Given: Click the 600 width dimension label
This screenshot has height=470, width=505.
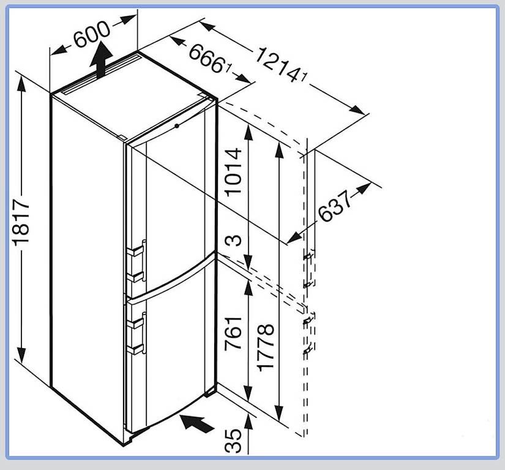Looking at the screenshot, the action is [92, 34].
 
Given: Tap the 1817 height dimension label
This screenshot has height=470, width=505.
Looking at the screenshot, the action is [21, 222].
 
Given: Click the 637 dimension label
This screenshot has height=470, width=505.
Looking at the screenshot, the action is [334, 206].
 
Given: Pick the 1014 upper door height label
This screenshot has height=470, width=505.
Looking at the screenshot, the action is [233, 172].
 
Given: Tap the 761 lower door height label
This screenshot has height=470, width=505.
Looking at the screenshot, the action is [233, 334].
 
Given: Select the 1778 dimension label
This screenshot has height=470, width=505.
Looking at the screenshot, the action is [266, 348].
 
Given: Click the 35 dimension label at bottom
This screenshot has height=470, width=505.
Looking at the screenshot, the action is [233, 441].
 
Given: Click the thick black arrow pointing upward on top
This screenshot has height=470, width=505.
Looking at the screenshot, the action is [101, 59].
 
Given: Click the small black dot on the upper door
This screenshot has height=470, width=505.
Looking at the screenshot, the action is [176, 126].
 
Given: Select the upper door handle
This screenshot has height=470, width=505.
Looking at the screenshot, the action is [137, 261].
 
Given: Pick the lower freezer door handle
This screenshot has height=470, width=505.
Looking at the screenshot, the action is [137, 333].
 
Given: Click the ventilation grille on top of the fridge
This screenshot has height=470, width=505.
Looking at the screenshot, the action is [102, 75].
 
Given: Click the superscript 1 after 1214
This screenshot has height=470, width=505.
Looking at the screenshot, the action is [304, 77].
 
